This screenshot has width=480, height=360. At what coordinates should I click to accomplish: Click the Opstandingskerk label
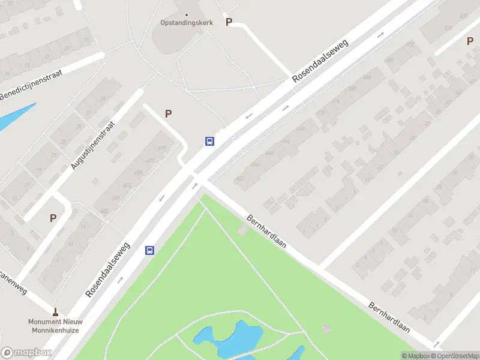coord(186,23)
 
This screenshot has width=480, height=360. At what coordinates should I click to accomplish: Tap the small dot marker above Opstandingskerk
coord(186,15)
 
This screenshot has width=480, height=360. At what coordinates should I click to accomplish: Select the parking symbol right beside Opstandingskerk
coord(228,22)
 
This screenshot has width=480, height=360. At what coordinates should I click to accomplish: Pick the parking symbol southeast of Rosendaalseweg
coord(470,41)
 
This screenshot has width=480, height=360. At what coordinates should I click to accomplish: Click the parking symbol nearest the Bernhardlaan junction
coord(169,113)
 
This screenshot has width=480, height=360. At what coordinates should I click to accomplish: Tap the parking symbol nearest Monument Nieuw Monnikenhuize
coord(53,218)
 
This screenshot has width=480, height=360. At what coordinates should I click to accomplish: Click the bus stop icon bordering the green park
coord(149,251)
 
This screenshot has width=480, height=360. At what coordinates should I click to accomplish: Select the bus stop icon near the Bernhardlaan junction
coord(210,142)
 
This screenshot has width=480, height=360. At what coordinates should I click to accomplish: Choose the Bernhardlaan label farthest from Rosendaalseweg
coord(389,317)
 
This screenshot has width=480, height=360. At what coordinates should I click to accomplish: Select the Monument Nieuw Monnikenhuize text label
coord(55,326)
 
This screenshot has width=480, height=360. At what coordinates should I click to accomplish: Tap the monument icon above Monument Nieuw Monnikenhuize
coord(55,312)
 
